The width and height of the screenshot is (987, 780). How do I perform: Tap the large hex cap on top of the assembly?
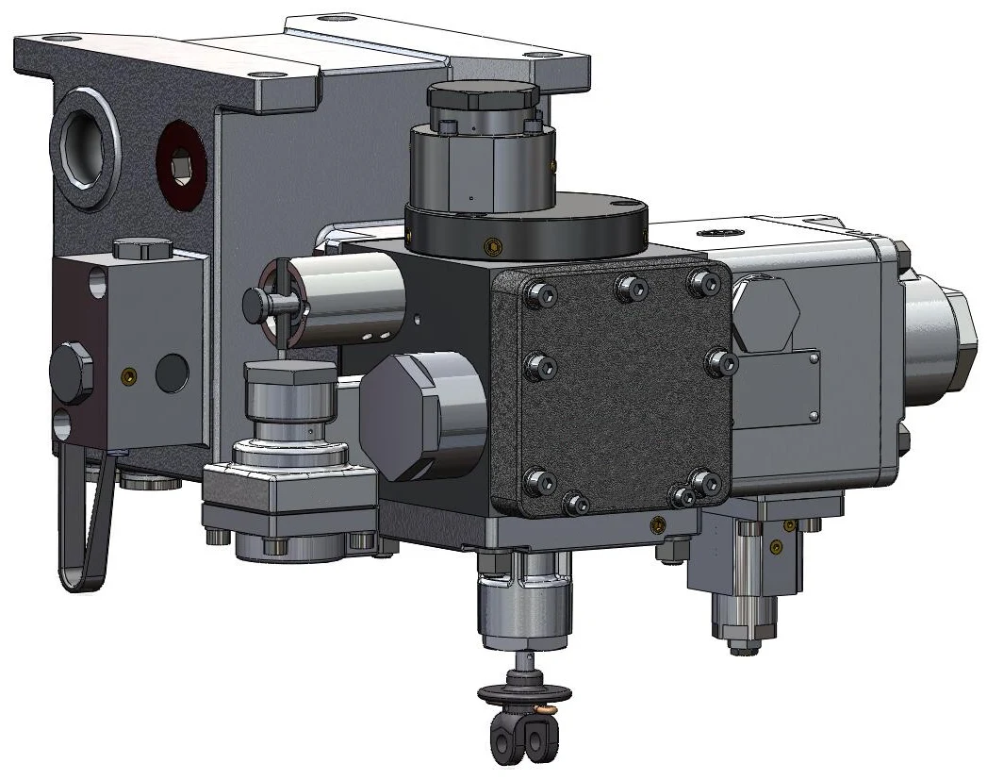482,97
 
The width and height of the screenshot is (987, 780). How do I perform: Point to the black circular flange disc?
528,226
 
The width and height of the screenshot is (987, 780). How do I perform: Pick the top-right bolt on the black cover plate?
699,281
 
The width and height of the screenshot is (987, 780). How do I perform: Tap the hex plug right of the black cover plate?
765,314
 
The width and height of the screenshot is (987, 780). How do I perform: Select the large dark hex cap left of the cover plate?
415,416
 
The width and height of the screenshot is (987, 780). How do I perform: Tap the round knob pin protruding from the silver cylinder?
256,302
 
